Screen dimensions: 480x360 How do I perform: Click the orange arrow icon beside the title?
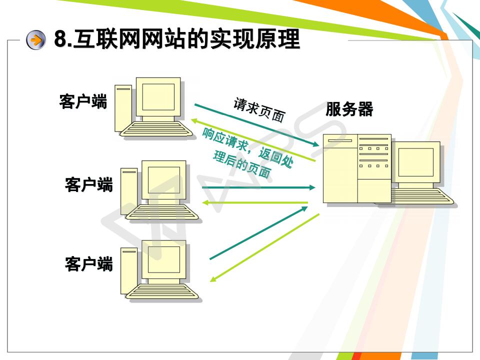(36, 40)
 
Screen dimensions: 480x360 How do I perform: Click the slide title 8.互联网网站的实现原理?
(177, 39)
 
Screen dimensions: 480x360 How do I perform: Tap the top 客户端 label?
(83, 101)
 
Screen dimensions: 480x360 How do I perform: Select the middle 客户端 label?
(89, 184)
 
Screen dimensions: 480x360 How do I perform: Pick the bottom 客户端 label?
(89, 264)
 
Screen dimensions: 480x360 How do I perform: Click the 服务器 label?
(349, 109)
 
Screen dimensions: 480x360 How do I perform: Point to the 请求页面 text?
(259, 109)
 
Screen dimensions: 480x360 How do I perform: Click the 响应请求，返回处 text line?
(247, 148)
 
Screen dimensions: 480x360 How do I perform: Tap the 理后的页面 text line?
(242, 164)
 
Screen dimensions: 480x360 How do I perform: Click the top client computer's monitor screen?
(158, 97)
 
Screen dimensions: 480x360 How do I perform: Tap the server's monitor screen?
(415, 162)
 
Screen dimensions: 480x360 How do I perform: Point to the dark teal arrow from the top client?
(257, 125)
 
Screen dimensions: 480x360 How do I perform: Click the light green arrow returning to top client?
(253, 140)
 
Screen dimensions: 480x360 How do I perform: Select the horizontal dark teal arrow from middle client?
(258, 187)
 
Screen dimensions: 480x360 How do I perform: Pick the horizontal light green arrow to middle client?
(255, 202)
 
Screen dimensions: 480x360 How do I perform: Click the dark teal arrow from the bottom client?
(258, 232)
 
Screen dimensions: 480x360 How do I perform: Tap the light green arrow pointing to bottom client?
(264, 247)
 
